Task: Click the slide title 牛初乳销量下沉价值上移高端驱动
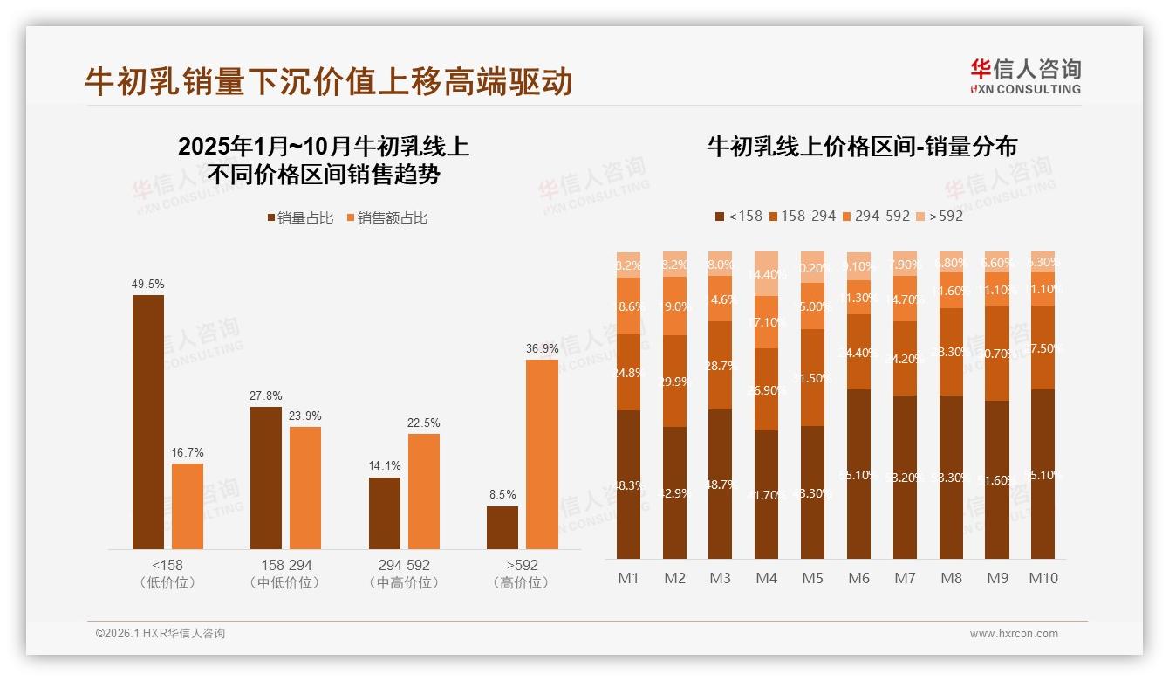tap(328, 81)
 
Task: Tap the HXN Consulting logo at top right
tap(1025, 76)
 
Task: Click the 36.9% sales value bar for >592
tap(542, 454)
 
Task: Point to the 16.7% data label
tap(188, 452)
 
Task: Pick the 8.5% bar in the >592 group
tap(502, 527)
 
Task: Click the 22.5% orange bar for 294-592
tap(424, 491)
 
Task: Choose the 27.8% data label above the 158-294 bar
tap(266, 396)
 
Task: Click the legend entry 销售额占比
tap(387, 218)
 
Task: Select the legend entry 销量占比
tap(301, 218)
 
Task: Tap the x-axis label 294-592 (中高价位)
tap(404, 574)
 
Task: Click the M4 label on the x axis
tap(766, 578)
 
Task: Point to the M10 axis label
tap(1043, 578)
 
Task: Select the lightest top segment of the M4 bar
tap(766, 273)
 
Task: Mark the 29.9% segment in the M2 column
tap(674, 381)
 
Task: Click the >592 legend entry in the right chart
tap(940, 216)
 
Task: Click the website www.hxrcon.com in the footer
tap(1014, 634)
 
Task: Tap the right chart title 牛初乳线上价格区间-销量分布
tap(861, 147)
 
